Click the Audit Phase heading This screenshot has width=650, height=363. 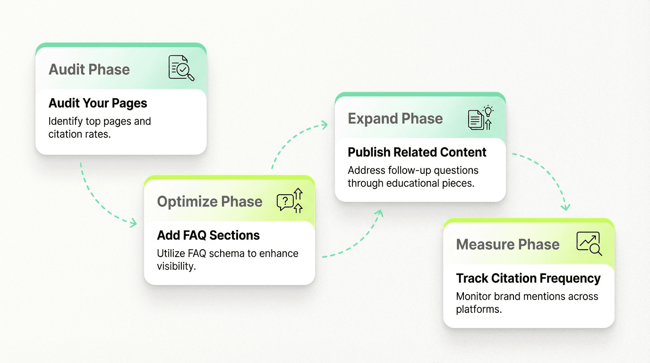(x=89, y=69)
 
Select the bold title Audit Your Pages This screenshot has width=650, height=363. (x=98, y=103)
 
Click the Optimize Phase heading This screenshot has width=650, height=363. (x=209, y=202)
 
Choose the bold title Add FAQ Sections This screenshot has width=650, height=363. (x=208, y=235)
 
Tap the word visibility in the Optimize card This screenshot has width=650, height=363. (x=176, y=266)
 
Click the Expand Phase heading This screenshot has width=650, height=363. (x=395, y=119)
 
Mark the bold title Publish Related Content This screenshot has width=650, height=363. (x=417, y=152)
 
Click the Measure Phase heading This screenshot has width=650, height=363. (x=508, y=244)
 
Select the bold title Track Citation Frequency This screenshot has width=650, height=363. (x=528, y=278)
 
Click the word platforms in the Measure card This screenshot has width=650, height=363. (x=478, y=309)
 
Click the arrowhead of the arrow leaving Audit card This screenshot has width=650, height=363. (x=133, y=222)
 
